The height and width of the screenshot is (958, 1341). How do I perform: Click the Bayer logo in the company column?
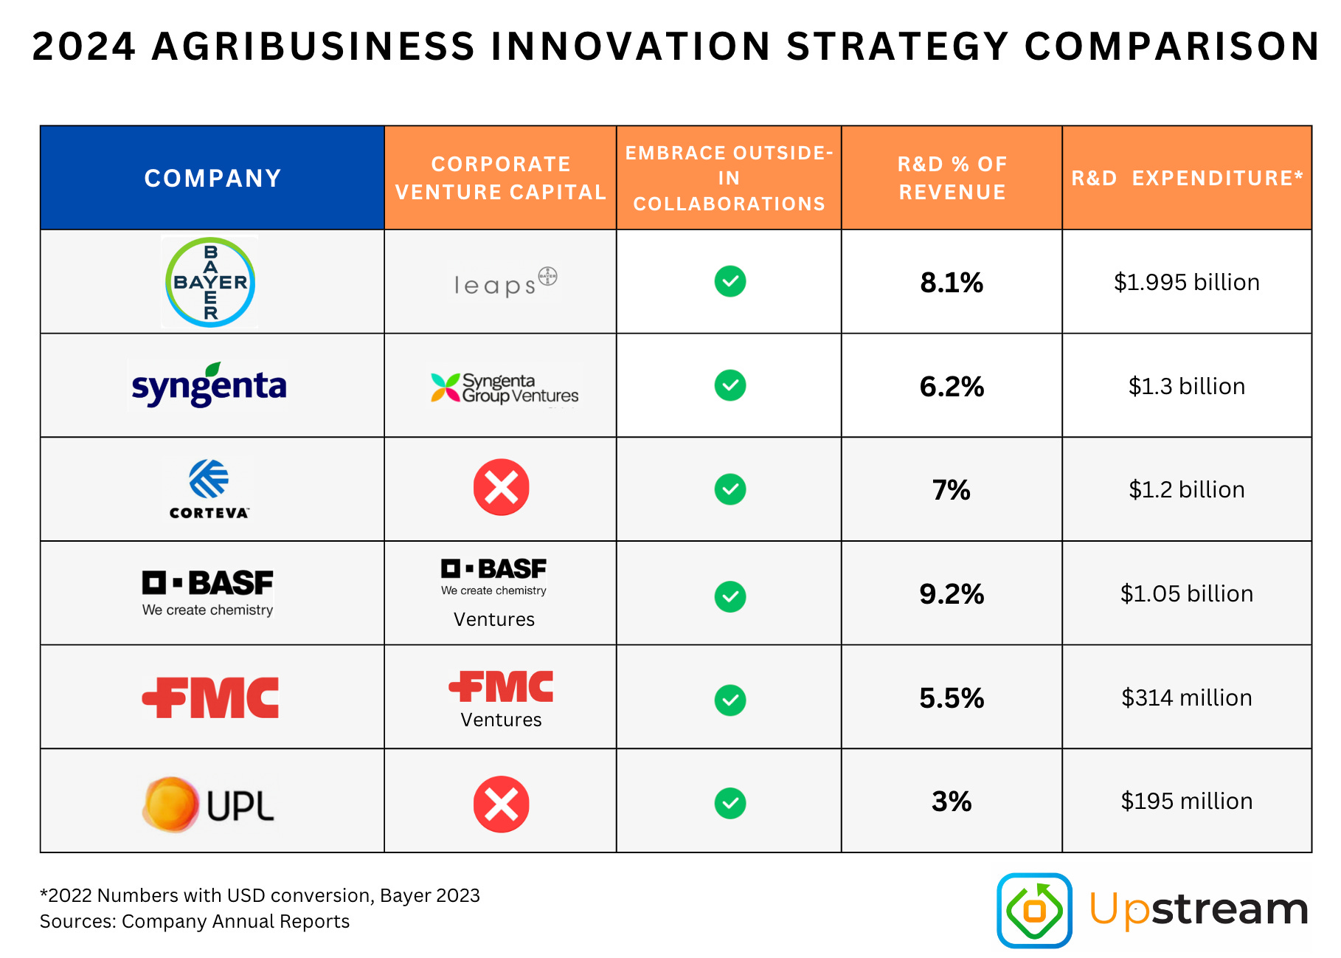pyautogui.click(x=210, y=282)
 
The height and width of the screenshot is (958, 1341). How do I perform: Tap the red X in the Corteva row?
pyautogui.click(x=501, y=487)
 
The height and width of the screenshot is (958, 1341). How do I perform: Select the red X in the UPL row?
pyautogui.click(x=501, y=804)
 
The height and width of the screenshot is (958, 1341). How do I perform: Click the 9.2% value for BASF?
pyautogui.click(x=951, y=594)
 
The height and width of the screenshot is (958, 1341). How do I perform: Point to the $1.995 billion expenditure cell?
pyautogui.click(x=1186, y=282)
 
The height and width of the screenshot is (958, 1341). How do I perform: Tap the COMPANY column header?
pyautogui.click(x=212, y=178)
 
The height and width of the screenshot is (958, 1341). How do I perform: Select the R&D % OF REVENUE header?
pyautogui.click(x=952, y=178)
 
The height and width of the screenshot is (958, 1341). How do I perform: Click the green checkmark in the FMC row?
pyautogui.click(x=730, y=700)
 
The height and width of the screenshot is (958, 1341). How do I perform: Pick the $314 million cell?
pyautogui.click(x=1186, y=697)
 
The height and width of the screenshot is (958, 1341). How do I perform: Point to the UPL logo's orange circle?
pyautogui.click(x=170, y=804)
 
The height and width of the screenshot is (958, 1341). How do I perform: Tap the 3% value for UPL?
pyautogui.click(x=951, y=802)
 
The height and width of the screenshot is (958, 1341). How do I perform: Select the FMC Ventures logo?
pyautogui.click(x=501, y=698)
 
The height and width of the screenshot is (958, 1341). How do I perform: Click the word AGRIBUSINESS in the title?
pyautogui.click(x=313, y=46)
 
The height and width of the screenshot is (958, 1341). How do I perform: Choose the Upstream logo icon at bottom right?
pyautogui.click(x=1033, y=910)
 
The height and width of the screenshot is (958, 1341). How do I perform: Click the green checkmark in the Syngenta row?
pyautogui.click(x=730, y=385)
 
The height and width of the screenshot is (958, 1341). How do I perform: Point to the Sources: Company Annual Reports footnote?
pyautogui.click(x=195, y=921)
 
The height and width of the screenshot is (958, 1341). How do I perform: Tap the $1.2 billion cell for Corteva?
pyautogui.click(x=1186, y=489)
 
